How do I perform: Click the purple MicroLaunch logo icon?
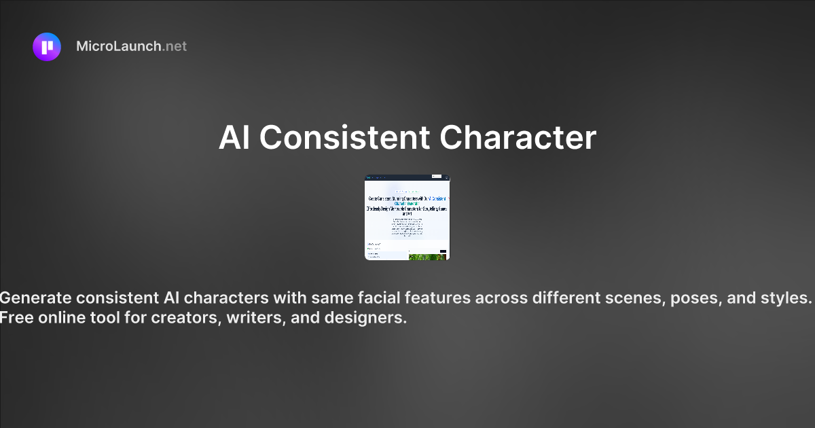point(47,47)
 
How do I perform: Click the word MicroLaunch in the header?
point(119,47)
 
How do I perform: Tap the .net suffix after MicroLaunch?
point(175,47)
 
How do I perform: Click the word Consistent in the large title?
point(344,138)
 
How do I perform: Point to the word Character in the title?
point(518,138)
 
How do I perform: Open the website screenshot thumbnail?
point(407,217)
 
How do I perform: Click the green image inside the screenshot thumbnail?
point(427,257)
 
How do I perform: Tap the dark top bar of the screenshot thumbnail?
point(407,177)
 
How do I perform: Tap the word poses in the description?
point(693,298)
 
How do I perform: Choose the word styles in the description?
point(786,298)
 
